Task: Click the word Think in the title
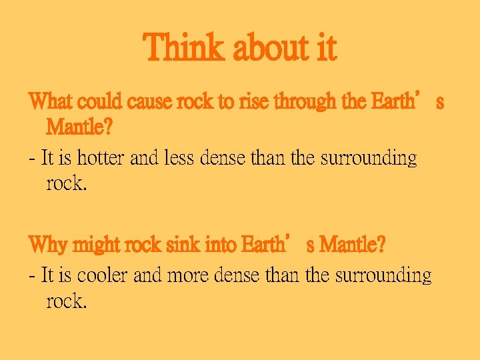[x=181, y=48]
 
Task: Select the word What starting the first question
[x=51, y=102]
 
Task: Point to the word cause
[x=150, y=102]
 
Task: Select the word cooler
[x=103, y=275]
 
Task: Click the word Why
[x=46, y=245]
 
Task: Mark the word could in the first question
[x=99, y=102]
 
